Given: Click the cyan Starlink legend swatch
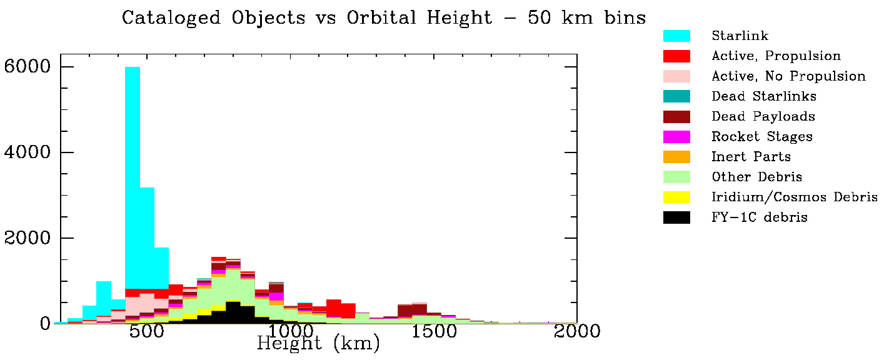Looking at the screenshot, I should coord(676,36).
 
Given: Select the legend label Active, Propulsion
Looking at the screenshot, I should coord(776,56).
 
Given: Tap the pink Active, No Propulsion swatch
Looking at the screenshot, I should coord(676,76).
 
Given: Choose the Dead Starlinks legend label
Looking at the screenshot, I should coord(763,96).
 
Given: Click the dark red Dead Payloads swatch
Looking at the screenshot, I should coord(676,116).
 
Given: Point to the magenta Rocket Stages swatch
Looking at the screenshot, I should coord(676,136).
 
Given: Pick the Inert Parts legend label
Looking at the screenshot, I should coord(751,157).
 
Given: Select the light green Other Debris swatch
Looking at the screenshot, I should coord(676,177).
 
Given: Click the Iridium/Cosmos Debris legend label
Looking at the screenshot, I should coord(794,197).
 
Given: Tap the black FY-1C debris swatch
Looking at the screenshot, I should coord(676,217).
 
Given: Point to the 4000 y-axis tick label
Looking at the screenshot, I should coord(27,152).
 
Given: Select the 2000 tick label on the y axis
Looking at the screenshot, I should coord(27,238).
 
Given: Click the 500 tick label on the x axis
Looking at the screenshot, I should coord(146,331).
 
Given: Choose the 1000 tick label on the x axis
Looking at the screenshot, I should coord(289,331).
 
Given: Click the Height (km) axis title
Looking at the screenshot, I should coord(318,344).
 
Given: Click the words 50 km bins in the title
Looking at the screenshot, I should coord(586,17).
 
